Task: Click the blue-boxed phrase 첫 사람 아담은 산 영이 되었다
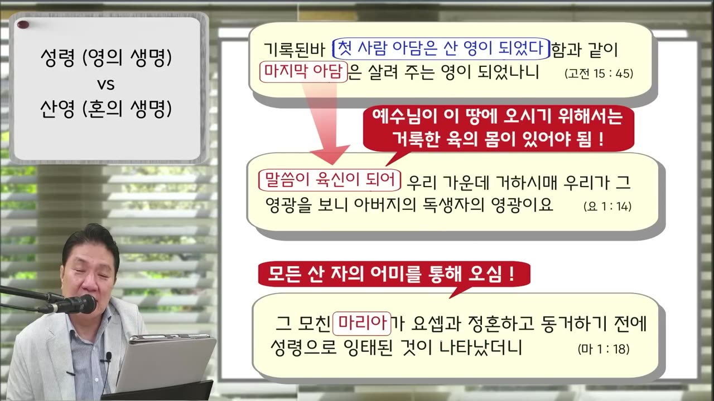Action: coord(441,49)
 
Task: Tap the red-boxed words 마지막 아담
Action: coord(303,72)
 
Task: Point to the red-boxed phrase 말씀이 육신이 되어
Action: coord(330,179)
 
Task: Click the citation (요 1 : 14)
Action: coord(607,206)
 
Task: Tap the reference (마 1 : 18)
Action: coord(604,350)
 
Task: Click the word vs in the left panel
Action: coord(106,85)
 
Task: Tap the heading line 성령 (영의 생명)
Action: coord(106,58)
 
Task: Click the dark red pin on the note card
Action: coord(23,24)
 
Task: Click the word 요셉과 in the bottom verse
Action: coord(429,324)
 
